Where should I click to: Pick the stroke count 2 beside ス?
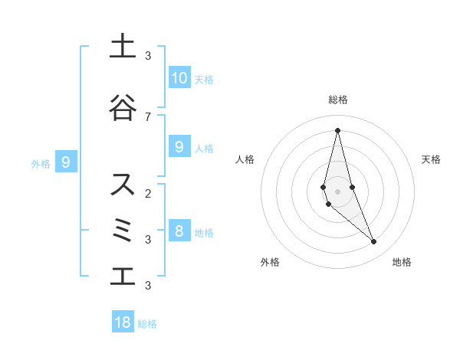148,193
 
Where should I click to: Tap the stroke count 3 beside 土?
148,55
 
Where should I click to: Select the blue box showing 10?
179,78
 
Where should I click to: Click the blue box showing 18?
123,322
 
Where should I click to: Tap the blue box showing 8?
179,231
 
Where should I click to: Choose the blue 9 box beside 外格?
66,162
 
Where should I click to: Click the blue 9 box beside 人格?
179,147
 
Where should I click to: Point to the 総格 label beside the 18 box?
147,324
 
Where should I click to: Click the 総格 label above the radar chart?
337,100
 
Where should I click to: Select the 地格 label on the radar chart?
402,262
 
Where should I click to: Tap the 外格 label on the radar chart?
270,262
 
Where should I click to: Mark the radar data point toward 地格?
374,242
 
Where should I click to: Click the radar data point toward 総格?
337,130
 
